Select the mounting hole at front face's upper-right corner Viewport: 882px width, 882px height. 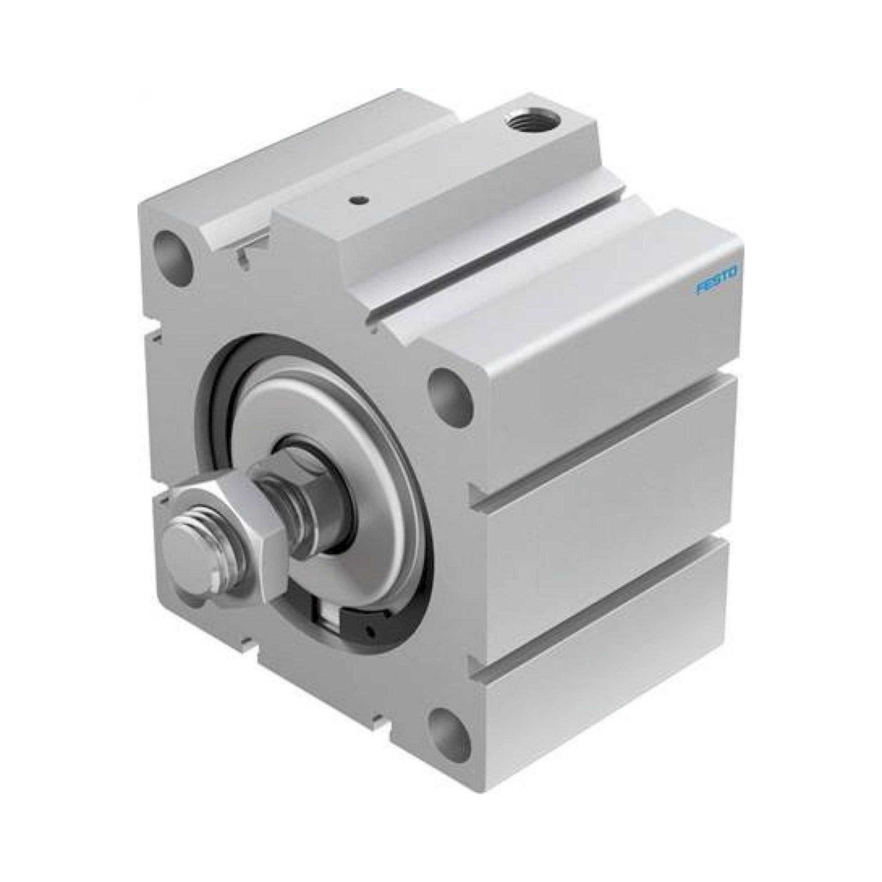point(449,393)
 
